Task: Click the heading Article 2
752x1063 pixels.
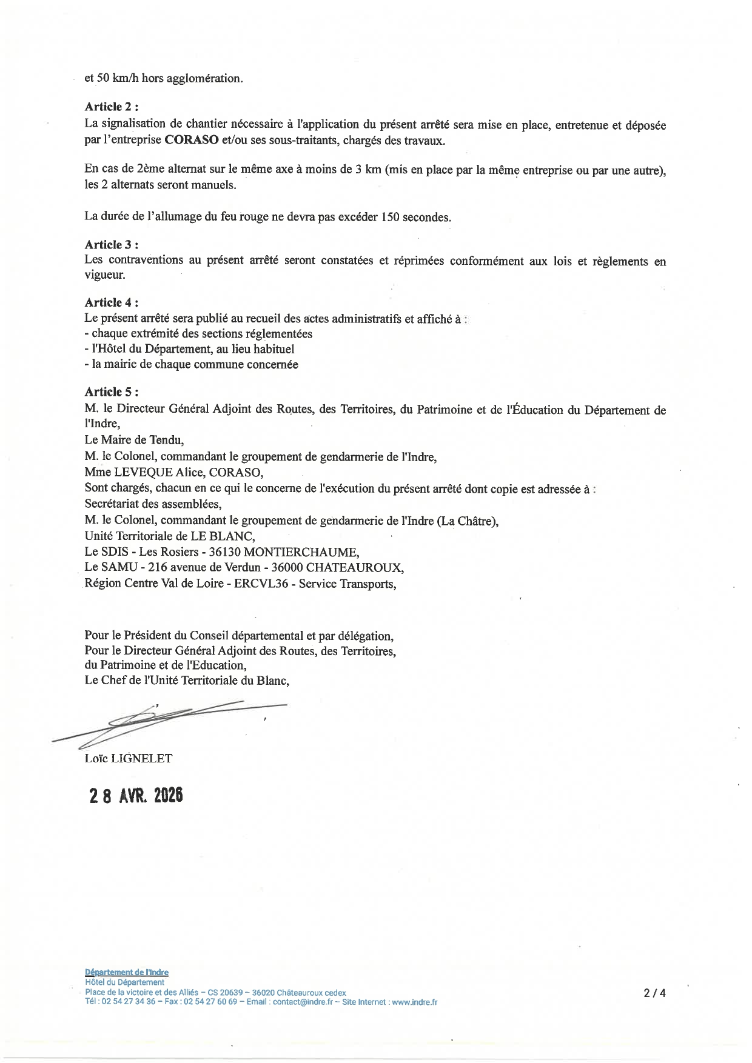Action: click(x=112, y=107)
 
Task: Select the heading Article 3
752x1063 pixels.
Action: click(x=112, y=245)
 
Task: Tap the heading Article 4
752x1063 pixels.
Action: click(x=112, y=302)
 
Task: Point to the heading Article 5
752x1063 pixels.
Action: click(x=112, y=392)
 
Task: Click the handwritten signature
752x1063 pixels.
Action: click(x=170, y=721)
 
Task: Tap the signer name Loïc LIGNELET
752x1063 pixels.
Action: click(x=129, y=758)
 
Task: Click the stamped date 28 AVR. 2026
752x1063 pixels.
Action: click(x=136, y=796)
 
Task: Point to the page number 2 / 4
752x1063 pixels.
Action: click(x=655, y=993)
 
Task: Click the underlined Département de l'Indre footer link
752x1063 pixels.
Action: click(x=127, y=973)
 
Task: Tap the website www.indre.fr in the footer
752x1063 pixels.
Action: click(x=415, y=1002)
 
